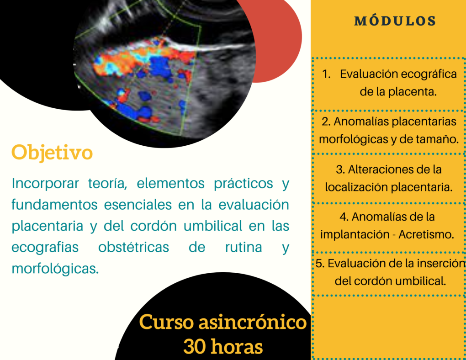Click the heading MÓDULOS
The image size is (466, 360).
coord(395,21)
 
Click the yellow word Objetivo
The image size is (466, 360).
coord(52,153)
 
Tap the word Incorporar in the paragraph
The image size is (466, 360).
coord(46,184)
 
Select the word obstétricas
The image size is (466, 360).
coord(133,247)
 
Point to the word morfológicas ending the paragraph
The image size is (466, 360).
coord(55,269)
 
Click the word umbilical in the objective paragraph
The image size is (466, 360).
coord(213,226)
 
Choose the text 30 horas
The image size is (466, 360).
coord(223,347)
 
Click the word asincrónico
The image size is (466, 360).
coord(253,322)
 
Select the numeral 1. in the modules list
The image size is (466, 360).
coord(327,74)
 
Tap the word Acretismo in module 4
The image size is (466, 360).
coord(426,234)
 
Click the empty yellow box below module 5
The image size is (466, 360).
coord(389,327)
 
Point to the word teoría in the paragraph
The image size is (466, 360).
coord(107,183)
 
